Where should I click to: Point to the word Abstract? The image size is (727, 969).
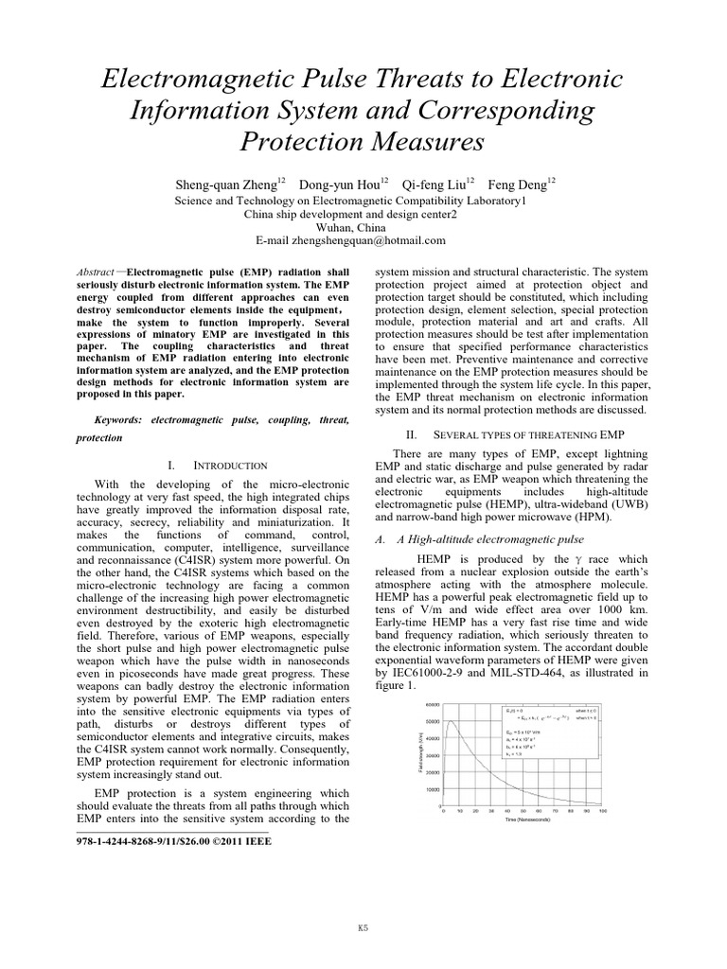coord(98,271)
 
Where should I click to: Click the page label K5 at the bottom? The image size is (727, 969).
coord(363,928)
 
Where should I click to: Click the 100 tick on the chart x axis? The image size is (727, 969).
coord(603,811)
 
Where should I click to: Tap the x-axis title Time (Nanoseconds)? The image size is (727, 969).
coord(527,819)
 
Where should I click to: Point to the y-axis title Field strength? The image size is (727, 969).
coord(418,752)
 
